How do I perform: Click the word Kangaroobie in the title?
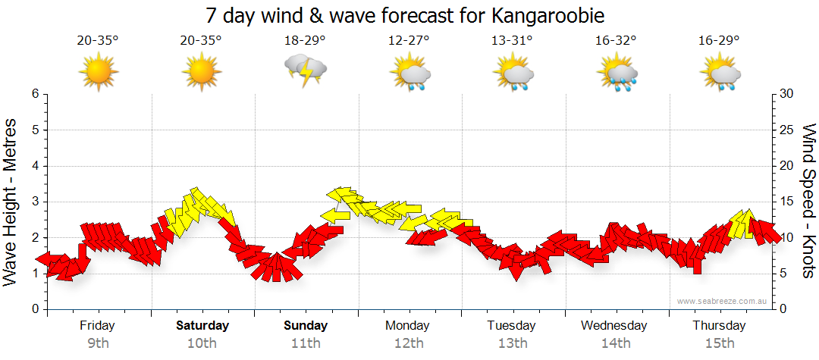tap(552, 16)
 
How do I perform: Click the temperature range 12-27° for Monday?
tap(409, 41)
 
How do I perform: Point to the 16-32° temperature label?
tap(616, 41)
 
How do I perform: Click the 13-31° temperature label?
tap(512, 41)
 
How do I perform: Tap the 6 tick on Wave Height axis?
tap(35, 94)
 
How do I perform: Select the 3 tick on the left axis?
tap(35, 202)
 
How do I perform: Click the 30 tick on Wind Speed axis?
tap(787, 94)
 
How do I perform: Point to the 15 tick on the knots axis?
tap(787, 202)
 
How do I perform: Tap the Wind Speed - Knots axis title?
tap(808, 201)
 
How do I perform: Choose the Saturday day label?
tap(202, 326)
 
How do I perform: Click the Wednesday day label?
tap(614, 326)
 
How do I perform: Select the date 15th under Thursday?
tap(719, 343)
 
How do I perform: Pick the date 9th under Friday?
tap(98, 343)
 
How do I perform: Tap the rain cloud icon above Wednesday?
tap(617, 74)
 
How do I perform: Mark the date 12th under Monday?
tap(408, 343)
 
